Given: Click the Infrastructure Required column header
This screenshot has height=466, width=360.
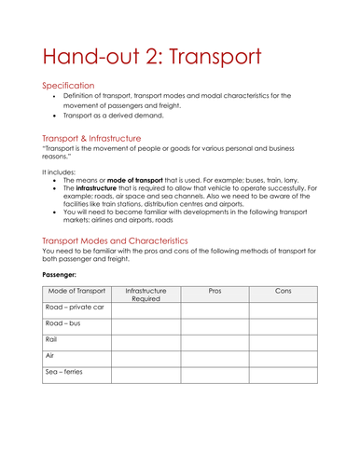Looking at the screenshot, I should point(145,295).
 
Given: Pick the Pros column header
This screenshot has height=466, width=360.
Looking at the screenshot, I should point(215,291).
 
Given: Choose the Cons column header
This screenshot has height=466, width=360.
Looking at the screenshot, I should point(284,291).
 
